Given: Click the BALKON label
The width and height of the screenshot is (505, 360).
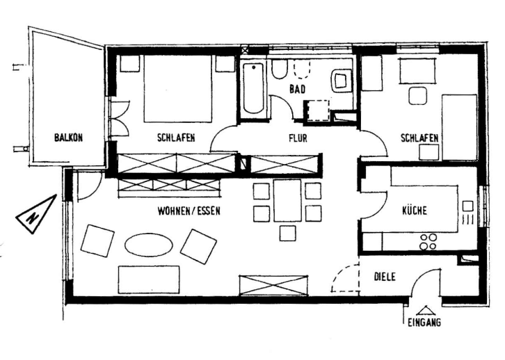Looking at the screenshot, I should [x=68, y=138].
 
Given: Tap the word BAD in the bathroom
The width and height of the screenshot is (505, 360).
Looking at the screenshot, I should [x=298, y=88].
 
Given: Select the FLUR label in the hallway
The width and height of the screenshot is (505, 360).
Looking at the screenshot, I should [x=298, y=138].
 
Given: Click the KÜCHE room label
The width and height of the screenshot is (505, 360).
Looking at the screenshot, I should [x=414, y=211].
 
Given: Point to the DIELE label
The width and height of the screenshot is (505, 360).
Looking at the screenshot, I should [x=385, y=277].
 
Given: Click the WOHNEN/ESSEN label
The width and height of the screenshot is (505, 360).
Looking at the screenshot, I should [x=188, y=211].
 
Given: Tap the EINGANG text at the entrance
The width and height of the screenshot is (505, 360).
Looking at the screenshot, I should [x=424, y=322].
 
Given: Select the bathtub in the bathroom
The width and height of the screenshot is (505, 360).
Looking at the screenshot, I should [x=253, y=88].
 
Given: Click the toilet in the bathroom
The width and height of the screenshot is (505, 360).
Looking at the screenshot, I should [x=280, y=69].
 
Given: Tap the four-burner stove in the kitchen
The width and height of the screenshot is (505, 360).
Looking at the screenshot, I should [x=428, y=241].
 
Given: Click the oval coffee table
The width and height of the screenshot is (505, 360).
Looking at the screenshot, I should [x=147, y=244].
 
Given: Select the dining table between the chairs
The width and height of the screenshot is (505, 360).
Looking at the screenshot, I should [x=287, y=200].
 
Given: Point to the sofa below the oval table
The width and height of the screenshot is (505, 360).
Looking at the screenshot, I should [x=149, y=279].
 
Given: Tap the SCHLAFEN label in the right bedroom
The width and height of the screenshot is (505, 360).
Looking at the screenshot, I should [x=419, y=138].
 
